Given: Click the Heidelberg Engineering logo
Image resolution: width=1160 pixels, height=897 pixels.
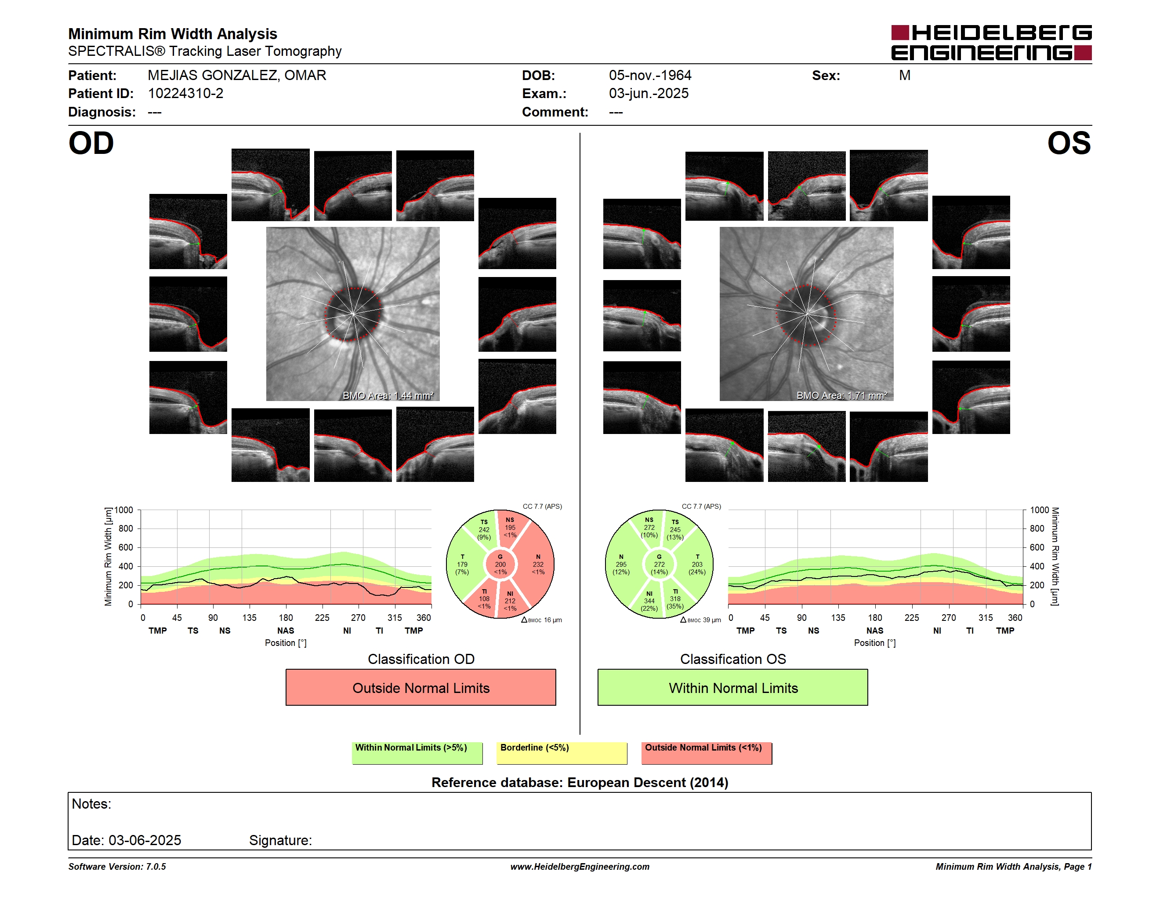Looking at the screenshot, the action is click(991, 43).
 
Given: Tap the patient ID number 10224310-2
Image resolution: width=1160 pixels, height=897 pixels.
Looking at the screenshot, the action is click(185, 94).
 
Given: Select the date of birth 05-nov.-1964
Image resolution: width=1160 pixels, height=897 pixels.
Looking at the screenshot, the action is click(650, 76).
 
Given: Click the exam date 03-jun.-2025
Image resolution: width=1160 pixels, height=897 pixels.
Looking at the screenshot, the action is click(649, 94).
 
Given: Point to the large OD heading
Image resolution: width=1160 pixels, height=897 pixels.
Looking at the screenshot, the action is click(91, 143).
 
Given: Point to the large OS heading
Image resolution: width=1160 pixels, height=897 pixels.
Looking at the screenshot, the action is click(1069, 143).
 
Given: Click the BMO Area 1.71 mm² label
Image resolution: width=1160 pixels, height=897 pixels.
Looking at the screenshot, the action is click(841, 395).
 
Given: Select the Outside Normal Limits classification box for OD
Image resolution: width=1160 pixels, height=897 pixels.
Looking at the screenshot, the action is click(420, 687).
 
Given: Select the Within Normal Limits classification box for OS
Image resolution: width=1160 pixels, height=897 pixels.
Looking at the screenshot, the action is click(733, 687).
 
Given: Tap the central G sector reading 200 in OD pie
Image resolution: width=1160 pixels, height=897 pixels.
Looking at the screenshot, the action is click(500, 564).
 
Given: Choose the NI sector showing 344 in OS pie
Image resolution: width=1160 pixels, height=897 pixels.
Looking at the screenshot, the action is click(649, 601).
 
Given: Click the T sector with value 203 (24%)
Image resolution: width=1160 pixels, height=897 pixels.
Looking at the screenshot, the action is click(697, 564).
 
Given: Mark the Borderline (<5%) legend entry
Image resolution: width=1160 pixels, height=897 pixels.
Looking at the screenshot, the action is click(562, 753).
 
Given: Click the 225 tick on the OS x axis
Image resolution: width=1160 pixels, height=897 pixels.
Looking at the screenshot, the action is click(911, 617).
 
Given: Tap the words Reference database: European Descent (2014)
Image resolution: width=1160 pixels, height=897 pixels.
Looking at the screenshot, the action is click(580, 782).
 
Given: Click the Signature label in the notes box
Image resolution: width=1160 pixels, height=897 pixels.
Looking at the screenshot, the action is click(280, 840).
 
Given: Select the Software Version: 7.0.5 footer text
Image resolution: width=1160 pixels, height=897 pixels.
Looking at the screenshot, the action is click(117, 867).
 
